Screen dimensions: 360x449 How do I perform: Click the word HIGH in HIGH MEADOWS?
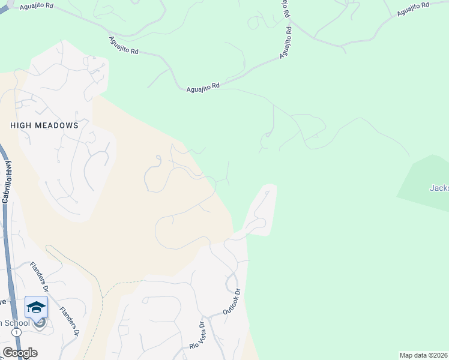click(21, 126)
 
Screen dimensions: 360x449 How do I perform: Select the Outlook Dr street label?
click(231, 302)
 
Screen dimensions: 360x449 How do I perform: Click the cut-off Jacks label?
click(439, 188)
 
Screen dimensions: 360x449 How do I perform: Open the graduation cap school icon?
click(36, 307)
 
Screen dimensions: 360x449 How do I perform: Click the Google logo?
click(20, 353)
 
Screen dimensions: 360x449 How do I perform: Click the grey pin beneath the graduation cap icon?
click(40, 324)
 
